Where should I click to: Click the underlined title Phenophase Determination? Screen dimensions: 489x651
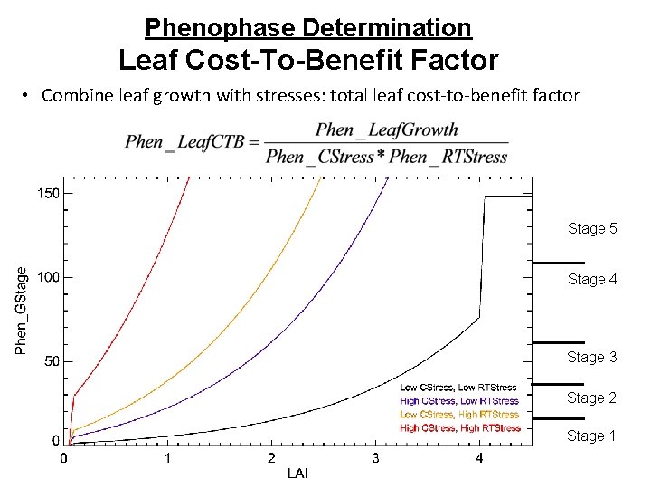[307, 28]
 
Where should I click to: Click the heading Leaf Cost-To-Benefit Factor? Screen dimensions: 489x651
[308, 61]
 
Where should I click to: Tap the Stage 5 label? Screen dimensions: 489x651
[592, 229]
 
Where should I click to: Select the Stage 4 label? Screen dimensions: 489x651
[592, 280]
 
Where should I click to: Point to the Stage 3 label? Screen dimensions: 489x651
[592, 358]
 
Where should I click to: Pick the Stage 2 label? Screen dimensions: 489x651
[592, 398]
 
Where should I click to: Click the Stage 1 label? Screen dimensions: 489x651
[592, 436]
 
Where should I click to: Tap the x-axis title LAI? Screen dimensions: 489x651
[297, 474]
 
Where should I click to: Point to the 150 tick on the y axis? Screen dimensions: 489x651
[48, 193]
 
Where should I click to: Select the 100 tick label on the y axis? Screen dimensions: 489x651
[48, 277]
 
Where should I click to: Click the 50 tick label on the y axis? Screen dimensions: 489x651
[52, 361]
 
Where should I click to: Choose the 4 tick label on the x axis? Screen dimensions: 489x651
[479, 459]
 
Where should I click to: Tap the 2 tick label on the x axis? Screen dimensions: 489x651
[271, 459]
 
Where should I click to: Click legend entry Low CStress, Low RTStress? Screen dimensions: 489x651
[458, 388]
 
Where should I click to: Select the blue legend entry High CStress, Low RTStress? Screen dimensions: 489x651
[459, 401]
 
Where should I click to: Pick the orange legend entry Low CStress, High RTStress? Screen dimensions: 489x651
[459, 415]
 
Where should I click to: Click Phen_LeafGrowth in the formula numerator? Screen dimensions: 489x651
[387, 130]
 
